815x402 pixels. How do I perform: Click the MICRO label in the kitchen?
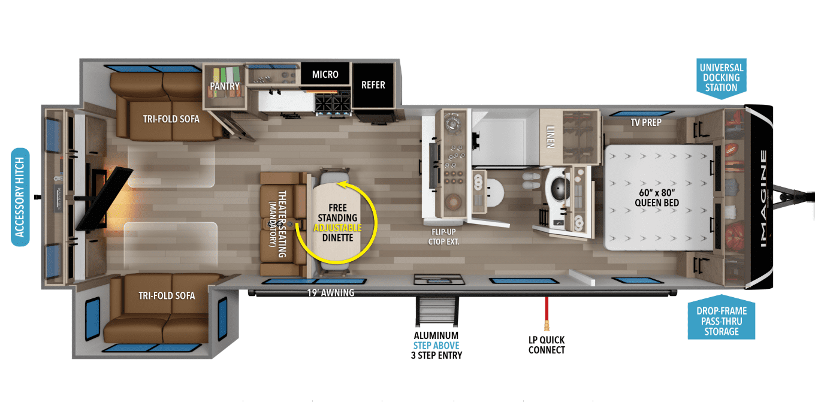pos(325,74)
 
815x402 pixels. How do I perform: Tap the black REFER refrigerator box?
pos(373,86)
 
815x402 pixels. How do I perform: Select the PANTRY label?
pos(225,86)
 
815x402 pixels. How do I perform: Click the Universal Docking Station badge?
pos(721,78)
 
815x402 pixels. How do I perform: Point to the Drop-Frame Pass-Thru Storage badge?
pos(721,318)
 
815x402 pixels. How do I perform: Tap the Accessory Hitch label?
pos(20,197)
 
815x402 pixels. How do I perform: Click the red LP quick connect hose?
pos(546,313)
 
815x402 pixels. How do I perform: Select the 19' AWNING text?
pos(330,293)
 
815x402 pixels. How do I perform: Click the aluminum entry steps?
pos(437,312)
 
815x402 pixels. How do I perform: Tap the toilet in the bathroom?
pos(493,193)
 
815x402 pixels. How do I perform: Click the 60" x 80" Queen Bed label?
pos(657,198)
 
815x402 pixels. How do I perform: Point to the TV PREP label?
pos(646,123)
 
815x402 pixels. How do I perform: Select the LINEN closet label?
pos(550,137)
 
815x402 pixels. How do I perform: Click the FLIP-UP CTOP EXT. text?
pos(443,237)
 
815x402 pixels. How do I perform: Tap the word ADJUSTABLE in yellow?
pos(337,228)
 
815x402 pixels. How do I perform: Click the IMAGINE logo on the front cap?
pos(763,199)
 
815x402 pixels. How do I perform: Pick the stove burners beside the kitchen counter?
pos(333,103)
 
